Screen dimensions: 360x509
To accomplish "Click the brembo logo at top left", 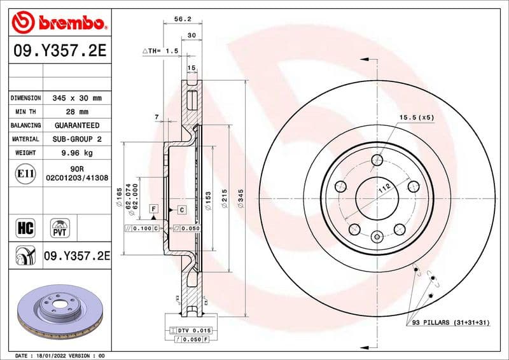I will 58,24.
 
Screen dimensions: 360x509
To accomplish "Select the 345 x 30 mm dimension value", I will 76,98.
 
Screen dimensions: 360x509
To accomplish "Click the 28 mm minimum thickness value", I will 76,112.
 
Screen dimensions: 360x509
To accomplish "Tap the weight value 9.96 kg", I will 76,153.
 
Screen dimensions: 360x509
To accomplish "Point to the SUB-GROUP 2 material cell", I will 76,139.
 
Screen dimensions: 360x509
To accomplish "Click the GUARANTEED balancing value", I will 76,125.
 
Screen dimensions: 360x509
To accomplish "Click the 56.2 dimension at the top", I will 183,20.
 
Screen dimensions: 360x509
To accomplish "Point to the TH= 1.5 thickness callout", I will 160,50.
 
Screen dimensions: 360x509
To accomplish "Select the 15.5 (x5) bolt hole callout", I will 416,118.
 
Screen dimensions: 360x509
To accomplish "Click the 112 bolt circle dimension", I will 383,188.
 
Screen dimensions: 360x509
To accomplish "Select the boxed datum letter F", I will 153,209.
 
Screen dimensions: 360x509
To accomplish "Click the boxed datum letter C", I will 181,209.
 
